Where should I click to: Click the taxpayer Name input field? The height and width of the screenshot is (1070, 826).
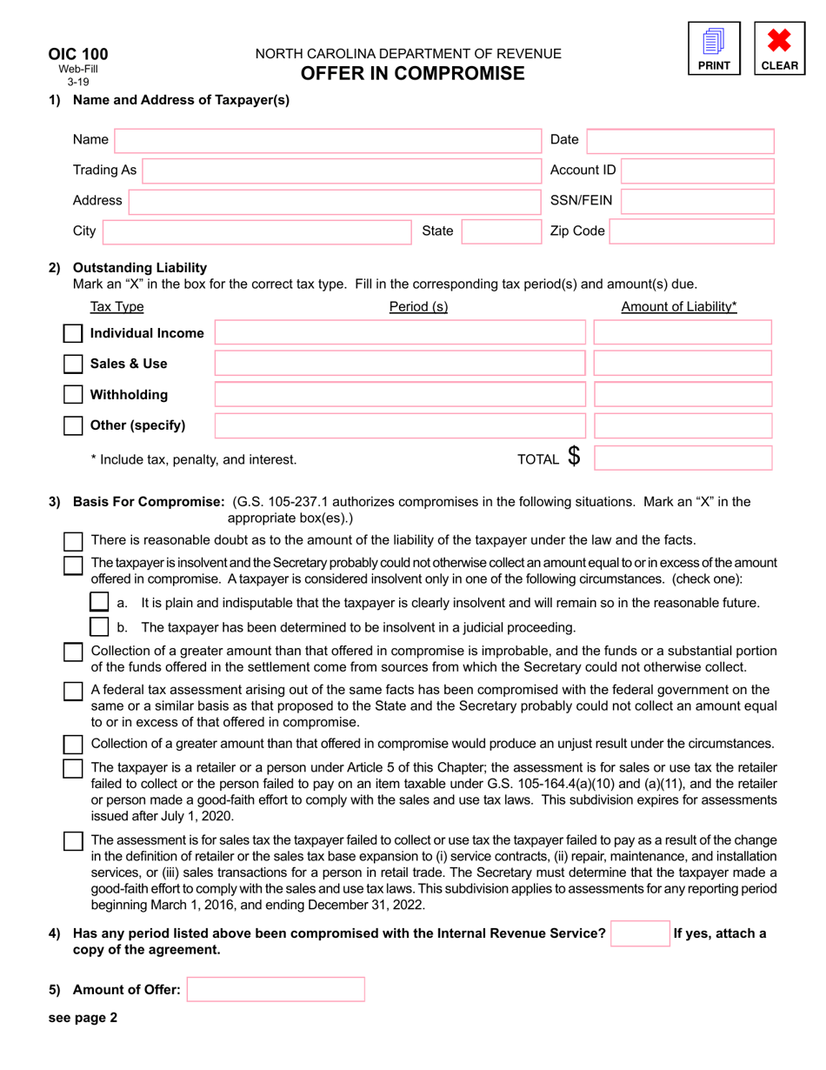coord(328,140)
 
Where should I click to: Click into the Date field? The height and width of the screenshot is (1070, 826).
coord(681,140)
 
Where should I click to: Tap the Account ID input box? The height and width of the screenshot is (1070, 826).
coord(697,171)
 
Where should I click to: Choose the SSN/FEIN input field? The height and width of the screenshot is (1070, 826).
coord(697,201)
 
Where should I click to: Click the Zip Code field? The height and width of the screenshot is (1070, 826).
coord(692,231)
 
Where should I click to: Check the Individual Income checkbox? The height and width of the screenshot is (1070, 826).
coord(74,333)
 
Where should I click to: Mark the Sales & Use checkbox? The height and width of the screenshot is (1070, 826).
coord(74,364)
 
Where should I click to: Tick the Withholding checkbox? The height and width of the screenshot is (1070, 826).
coord(74,395)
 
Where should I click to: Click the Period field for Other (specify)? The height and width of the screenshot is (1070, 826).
coord(400,426)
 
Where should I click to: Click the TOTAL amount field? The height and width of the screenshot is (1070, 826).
coord(683,458)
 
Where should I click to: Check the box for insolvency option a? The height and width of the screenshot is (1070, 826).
coord(100,602)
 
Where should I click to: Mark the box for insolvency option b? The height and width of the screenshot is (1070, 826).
coord(100,626)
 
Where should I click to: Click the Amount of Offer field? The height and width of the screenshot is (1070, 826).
coord(276,989)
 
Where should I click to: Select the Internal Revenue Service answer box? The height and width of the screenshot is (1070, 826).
coord(640,933)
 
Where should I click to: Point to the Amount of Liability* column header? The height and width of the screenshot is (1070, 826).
coord(678,306)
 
